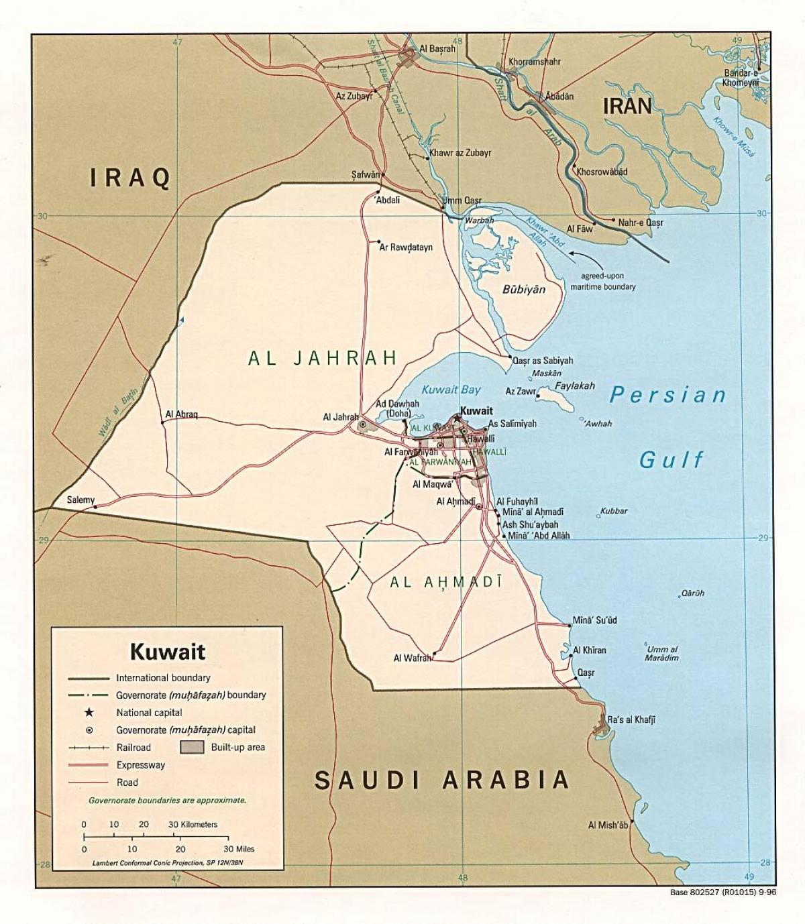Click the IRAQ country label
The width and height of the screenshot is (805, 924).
coord(130,178)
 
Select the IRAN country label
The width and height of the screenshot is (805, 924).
coord(627,105)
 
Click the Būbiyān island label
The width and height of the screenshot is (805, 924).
coord(524,290)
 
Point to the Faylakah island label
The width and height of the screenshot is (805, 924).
coord(575,386)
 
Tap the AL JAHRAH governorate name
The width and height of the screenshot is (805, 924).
coord(323,358)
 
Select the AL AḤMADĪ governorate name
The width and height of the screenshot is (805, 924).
coord(446,582)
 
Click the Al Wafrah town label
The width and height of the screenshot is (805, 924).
coord(412,658)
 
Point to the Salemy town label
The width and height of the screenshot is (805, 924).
coord(80,500)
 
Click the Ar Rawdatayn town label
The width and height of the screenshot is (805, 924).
coord(406,247)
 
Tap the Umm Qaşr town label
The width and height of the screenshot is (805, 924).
coord(462,200)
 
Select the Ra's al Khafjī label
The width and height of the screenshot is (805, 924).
coord(631,719)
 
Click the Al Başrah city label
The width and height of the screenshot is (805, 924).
coord(437,49)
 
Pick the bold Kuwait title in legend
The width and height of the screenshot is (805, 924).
coord(167,651)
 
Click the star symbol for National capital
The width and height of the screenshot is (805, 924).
coord(88,712)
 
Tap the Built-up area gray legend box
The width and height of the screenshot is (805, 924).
coord(192,747)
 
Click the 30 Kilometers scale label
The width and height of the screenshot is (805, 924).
coord(193,824)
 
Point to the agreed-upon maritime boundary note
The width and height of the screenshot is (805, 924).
coord(602,281)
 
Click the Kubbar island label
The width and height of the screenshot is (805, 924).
coord(614,511)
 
